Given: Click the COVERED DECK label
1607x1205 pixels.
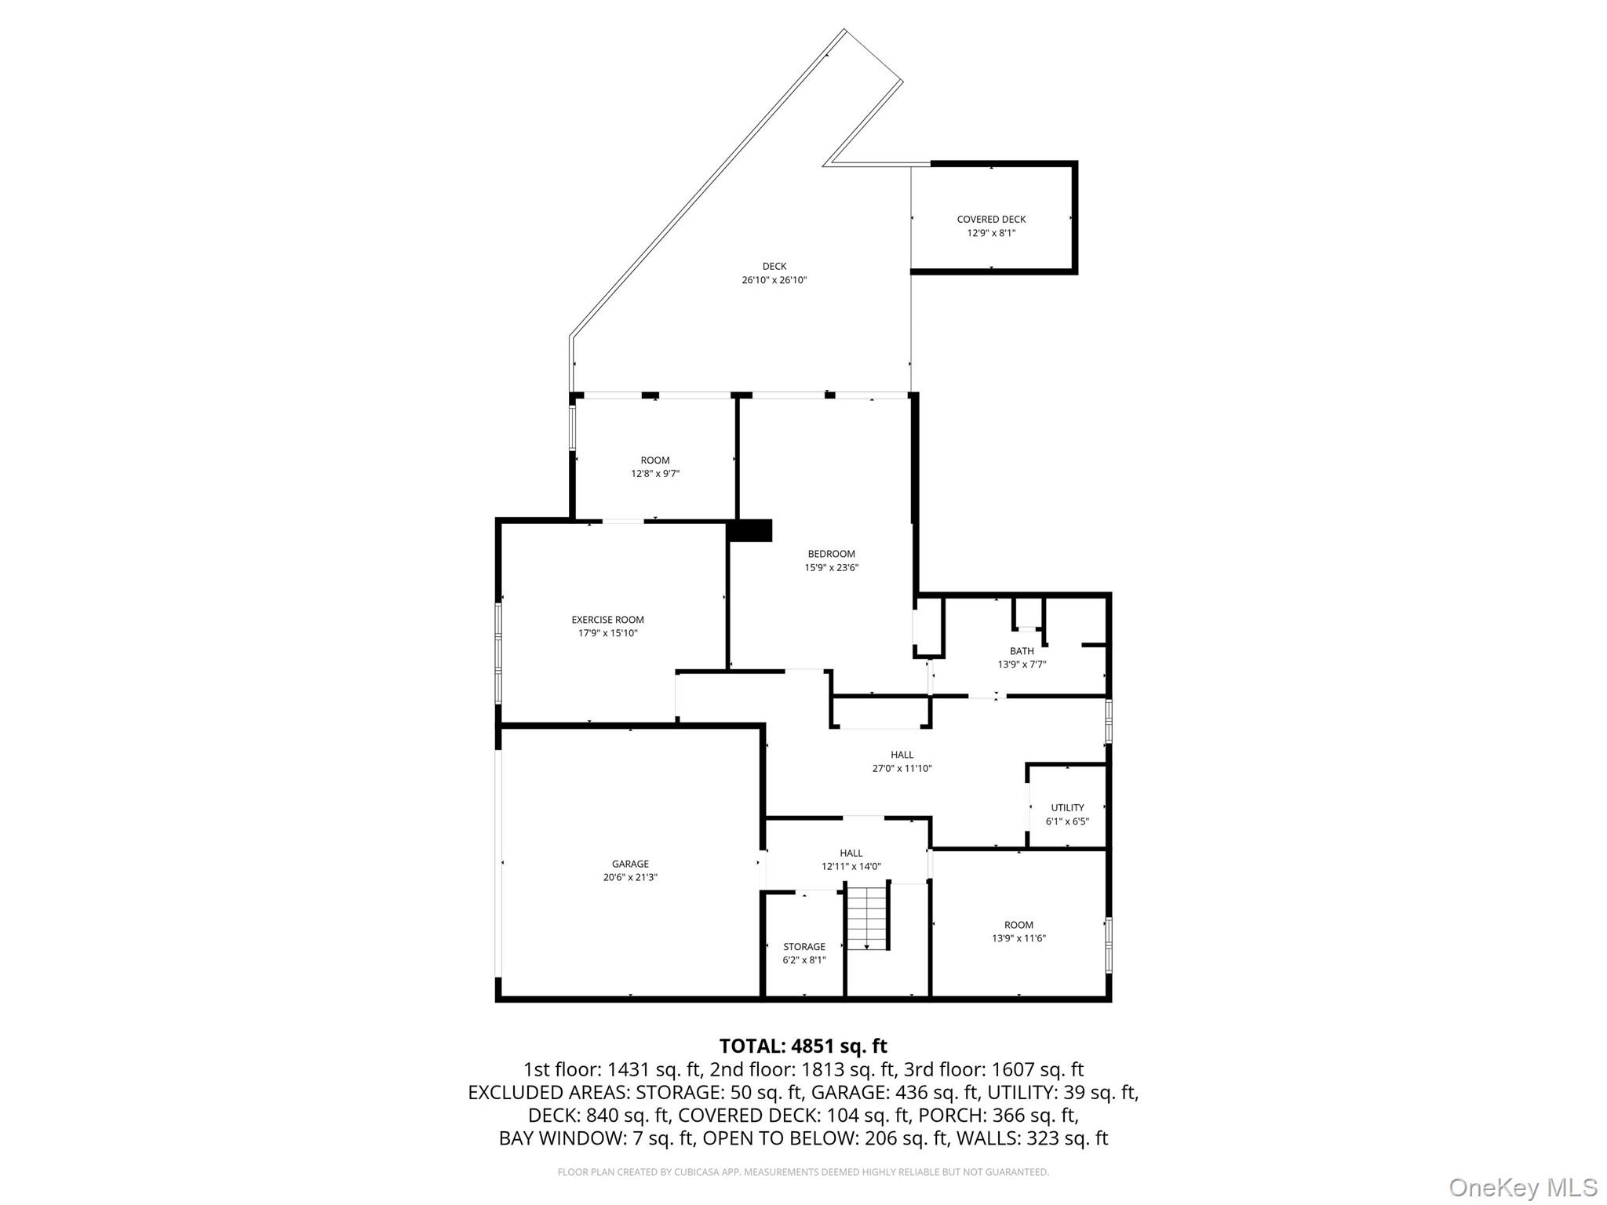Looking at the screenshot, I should [991, 220].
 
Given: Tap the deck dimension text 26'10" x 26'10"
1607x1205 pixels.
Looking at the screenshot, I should [774, 280].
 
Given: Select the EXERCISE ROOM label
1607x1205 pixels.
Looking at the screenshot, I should [607, 620].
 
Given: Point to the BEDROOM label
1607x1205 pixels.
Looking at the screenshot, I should [831, 554].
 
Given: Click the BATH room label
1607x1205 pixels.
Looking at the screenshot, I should [1022, 651].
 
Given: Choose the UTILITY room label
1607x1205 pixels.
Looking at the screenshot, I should [1067, 808].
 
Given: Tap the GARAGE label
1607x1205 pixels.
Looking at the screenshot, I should [630, 865].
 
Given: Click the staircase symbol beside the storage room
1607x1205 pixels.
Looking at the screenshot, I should [867, 916].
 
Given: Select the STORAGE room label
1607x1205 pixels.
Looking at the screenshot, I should [803, 947].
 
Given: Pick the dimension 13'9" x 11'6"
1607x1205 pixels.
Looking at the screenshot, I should [1018, 938].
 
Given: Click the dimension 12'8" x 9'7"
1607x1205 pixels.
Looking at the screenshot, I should [655, 474].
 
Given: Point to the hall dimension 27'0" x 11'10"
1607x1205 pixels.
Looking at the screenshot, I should [902, 769].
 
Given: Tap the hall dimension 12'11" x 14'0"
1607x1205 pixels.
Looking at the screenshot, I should [851, 867].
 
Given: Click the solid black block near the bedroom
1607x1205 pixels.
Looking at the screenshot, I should [750, 530].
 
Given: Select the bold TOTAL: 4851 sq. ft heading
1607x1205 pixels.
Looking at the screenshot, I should [803, 1046].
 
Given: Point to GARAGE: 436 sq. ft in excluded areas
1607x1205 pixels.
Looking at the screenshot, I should [895, 1092].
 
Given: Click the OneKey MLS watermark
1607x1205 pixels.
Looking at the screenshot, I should [1522, 1187].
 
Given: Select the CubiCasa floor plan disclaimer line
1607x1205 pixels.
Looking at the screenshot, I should [803, 1172].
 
